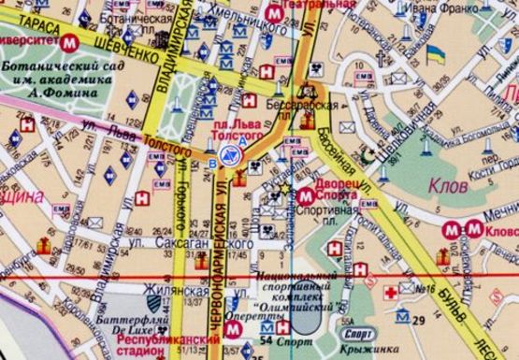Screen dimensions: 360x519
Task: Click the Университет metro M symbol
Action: [x=70, y=43]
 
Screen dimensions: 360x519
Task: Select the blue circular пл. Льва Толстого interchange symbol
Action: [x=228, y=153]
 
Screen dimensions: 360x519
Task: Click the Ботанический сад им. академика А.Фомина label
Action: [x=50, y=79]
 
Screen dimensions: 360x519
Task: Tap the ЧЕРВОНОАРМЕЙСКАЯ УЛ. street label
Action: [x=223, y=252]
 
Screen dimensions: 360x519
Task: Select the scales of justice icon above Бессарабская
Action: [x=310, y=90]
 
